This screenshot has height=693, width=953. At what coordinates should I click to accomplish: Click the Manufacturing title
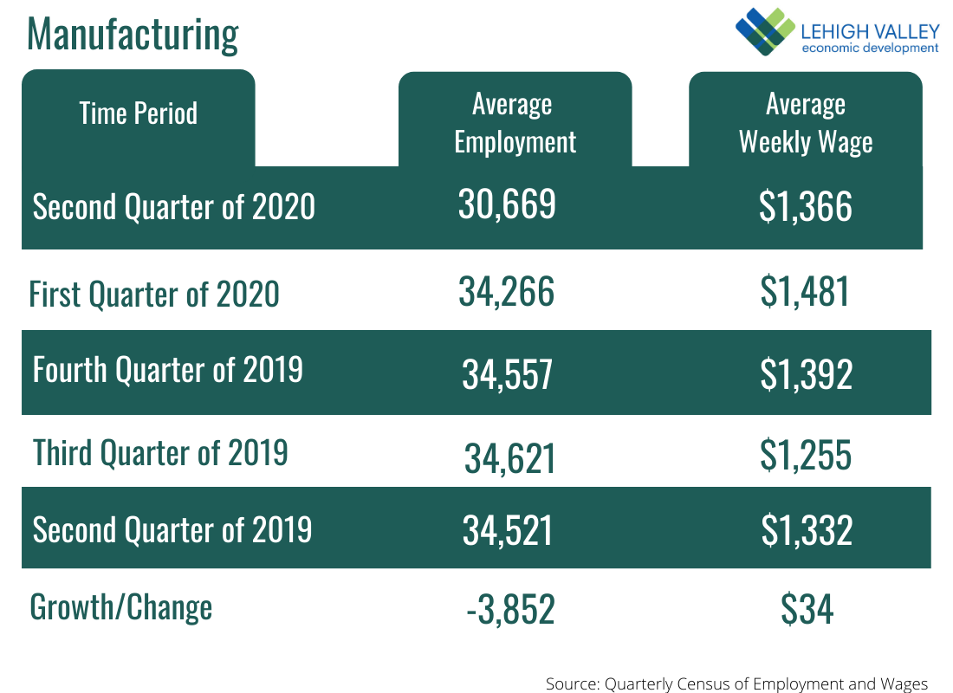tap(133, 34)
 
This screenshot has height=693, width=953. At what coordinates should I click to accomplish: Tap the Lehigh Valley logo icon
tap(764, 31)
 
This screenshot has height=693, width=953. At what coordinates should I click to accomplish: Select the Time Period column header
tap(139, 113)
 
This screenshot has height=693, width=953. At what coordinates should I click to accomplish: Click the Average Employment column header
tap(515, 123)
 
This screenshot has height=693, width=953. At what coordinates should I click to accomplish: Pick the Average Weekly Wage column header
tap(806, 123)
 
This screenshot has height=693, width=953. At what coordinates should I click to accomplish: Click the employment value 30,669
tap(507, 205)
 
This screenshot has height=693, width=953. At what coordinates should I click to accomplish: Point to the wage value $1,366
tap(806, 207)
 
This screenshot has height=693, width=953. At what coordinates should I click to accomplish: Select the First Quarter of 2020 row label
tap(154, 294)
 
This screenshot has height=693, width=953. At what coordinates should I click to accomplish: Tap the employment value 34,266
tap(506, 292)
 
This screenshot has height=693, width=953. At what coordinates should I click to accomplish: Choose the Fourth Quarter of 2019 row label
tap(168, 370)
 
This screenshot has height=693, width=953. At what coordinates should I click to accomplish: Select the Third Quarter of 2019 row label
tap(160, 452)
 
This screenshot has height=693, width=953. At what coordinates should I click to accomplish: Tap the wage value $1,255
tap(806, 455)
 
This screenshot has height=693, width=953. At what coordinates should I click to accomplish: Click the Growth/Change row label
tap(120, 607)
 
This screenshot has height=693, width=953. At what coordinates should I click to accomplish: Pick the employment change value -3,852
tap(509, 610)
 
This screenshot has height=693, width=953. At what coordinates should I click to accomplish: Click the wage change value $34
tap(807, 610)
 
